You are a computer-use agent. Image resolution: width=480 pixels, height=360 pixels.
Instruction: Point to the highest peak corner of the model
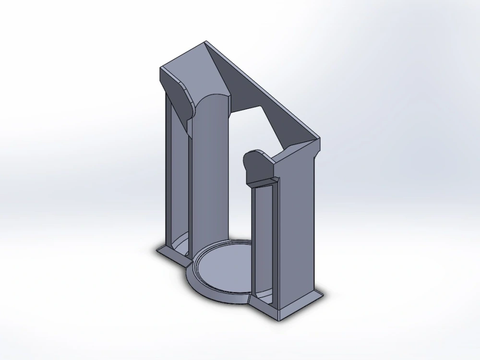(207, 42)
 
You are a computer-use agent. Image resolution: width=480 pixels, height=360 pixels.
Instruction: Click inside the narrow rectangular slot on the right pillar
(264, 240)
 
